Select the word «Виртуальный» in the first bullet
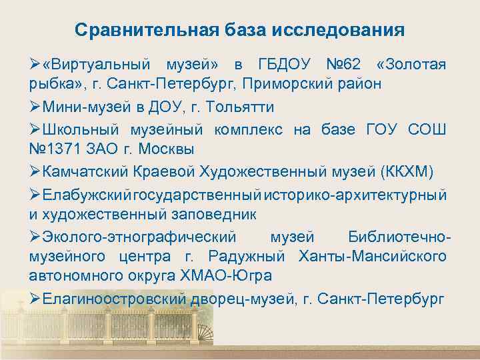point(96,65)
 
